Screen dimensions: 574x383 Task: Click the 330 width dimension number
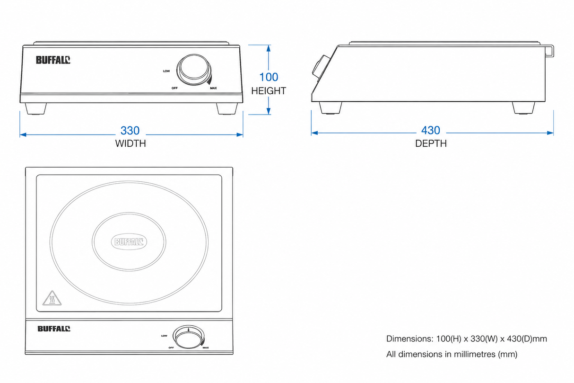130,131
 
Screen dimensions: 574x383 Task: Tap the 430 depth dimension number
430,130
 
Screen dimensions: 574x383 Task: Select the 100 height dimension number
269,77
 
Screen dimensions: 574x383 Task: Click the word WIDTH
130,143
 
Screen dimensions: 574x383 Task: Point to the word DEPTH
431,143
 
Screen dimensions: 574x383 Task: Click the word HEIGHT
269,91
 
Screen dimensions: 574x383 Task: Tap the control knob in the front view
194,69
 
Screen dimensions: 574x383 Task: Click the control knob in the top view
189,337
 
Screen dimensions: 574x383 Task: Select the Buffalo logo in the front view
53,60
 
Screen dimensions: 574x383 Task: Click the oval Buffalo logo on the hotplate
129,241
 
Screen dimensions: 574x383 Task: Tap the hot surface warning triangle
52,298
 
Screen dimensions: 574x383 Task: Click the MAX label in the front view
213,88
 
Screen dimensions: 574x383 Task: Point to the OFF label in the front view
174,88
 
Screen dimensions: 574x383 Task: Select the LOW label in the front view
166,71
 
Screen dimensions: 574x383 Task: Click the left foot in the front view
36,108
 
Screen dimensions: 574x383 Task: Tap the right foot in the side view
523,108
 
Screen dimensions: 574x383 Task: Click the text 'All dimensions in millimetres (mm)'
452,354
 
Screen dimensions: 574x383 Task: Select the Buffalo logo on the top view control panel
54,329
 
